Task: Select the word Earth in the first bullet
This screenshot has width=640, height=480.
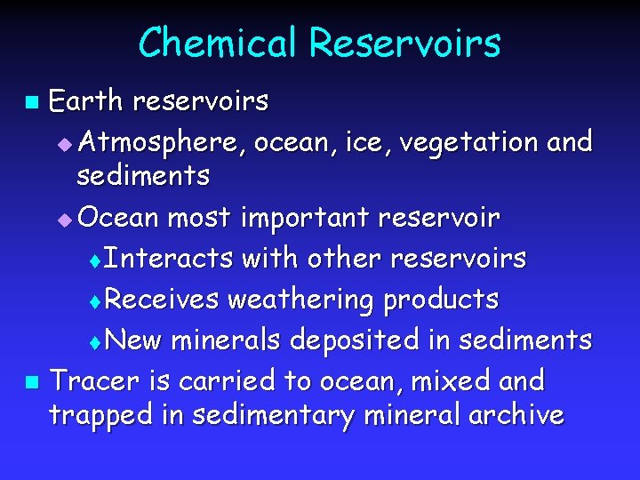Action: tap(85, 102)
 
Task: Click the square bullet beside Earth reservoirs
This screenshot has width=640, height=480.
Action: tap(31, 104)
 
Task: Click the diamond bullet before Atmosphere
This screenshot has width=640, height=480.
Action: tap(62, 144)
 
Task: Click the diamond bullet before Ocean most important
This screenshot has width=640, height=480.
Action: tap(62, 219)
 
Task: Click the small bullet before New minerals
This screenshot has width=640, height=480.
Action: tap(97, 342)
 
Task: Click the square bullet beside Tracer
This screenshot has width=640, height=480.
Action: tap(31, 383)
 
